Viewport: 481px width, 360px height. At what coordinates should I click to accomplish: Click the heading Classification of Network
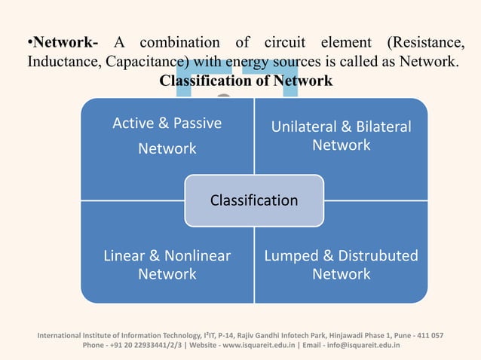tap(246, 81)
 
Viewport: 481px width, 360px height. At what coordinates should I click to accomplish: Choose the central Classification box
tap(254, 200)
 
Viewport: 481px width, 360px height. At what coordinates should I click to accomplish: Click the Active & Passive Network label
tap(167, 136)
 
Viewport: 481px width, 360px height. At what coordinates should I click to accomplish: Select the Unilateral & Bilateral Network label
tap(341, 136)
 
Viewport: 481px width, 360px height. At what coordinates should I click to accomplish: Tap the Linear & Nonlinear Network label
tap(167, 264)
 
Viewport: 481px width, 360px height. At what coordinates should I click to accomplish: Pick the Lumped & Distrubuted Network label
tap(341, 264)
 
